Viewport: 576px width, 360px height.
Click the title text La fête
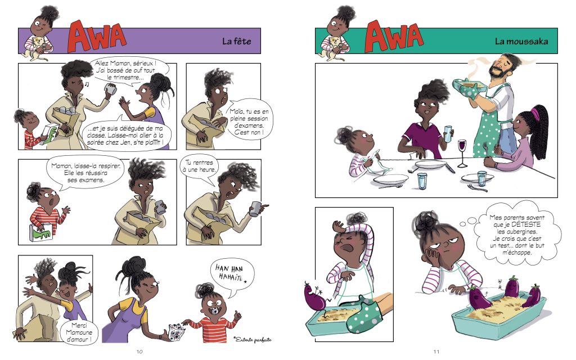237,41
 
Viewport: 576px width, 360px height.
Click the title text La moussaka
521,41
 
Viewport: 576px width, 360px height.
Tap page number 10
139,352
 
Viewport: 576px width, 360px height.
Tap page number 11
436,352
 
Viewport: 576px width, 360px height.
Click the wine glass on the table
462,152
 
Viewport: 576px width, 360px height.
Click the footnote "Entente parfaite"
253,340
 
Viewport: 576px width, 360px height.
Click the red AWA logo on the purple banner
96,37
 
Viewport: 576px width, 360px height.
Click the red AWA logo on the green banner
393,37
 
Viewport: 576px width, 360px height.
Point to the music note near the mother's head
87,84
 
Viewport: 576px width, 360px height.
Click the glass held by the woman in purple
448,134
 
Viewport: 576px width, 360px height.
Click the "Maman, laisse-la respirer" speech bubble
85,173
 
